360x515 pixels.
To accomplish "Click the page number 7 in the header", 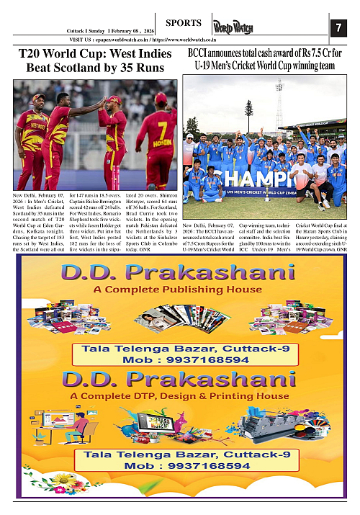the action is [337, 27].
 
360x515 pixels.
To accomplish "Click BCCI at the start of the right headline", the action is [200, 53].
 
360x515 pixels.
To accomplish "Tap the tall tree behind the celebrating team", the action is [248, 112].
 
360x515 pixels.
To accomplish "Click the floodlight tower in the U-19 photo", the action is [280, 101].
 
